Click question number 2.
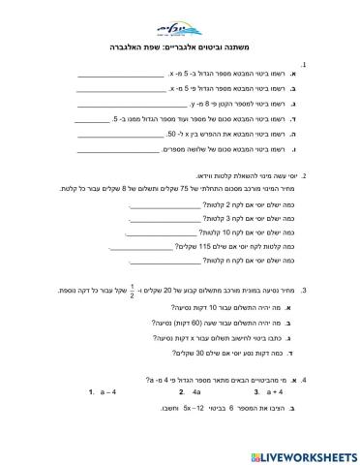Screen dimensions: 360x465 click(332, 175)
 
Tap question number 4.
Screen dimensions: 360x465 click(332, 381)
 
